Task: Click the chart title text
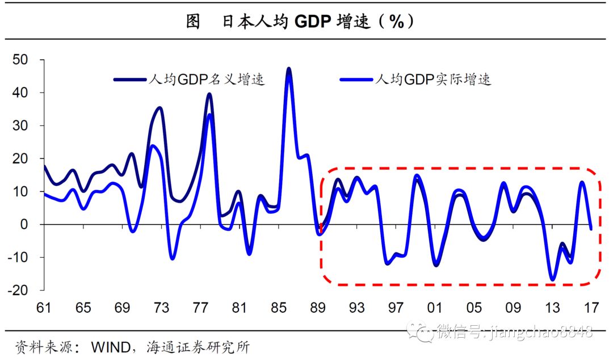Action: [301, 22]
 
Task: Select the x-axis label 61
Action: [44, 308]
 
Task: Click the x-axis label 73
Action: [161, 308]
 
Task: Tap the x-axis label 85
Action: [279, 308]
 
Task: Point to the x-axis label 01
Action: [435, 308]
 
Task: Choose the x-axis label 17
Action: [591, 308]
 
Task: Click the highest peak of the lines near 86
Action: [289, 69]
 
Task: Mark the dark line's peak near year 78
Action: [209, 94]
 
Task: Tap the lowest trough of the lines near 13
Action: [552, 279]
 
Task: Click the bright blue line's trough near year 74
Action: [172, 258]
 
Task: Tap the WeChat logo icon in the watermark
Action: [423, 331]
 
